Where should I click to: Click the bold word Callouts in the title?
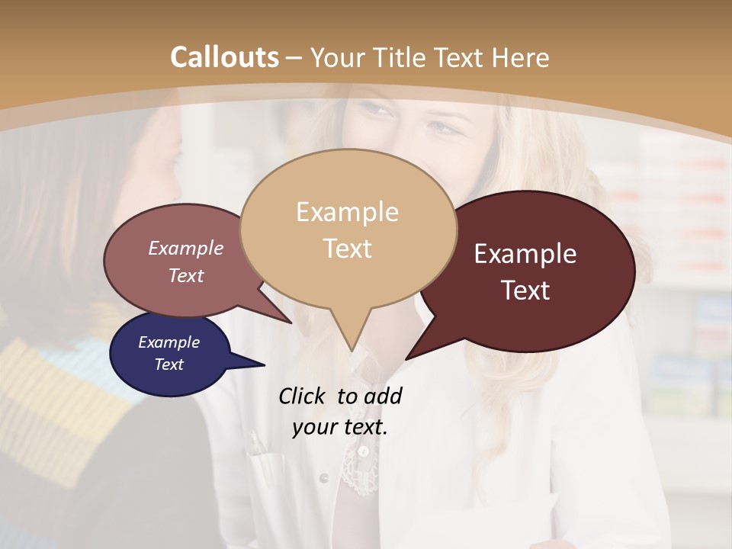pos(224,57)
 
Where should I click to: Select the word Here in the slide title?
pos(520,57)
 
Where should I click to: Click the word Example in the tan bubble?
pos(347,212)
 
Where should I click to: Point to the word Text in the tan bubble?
pos(347,249)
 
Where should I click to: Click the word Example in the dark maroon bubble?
pos(525,254)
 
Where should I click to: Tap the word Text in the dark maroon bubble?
pos(525,291)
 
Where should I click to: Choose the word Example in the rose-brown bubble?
pos(186,248)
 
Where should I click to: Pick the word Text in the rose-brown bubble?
pos(186,275)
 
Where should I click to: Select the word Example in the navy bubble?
pos(169,342)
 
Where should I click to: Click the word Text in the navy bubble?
pos(169,364)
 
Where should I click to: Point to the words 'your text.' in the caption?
pos(340,427)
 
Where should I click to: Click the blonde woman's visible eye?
pos(441,125)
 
